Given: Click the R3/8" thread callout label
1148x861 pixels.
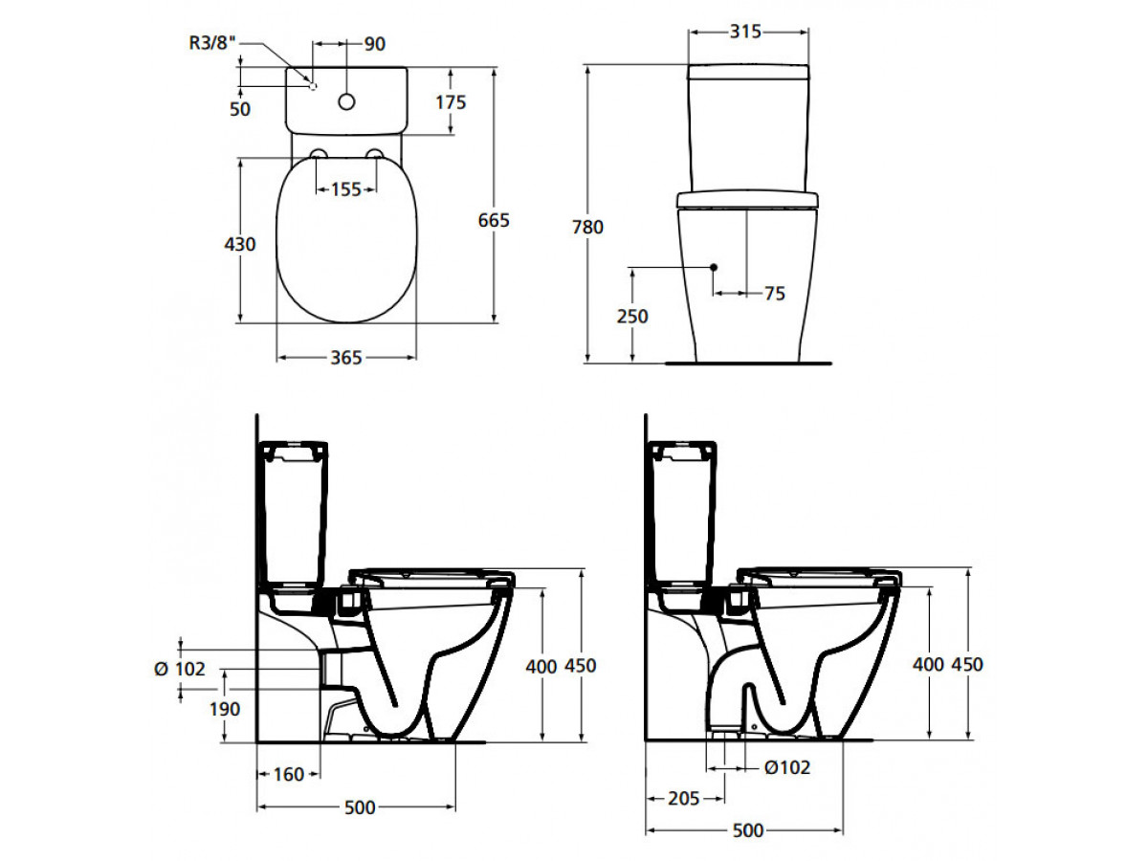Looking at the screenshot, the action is click(x=209, y=43).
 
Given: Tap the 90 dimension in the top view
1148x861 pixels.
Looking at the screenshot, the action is click(x=374, y=44).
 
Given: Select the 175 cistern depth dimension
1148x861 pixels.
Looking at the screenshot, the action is click(x=451, y=102).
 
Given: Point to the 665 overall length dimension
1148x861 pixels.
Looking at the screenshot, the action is click(x=494, y=221).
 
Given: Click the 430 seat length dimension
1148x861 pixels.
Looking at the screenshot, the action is click(x=239, y=244).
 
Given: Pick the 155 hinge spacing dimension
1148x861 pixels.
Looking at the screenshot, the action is click(x=345, y=189).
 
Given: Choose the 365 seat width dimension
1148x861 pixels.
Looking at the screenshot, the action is click(x=345, y=358).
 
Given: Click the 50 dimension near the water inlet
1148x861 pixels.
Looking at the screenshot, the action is click(x=240, y=109).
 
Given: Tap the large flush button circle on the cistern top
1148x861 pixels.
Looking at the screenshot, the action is click(x=346, y=102).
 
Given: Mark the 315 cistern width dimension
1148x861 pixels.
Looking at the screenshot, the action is click(x=745, y=32).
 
